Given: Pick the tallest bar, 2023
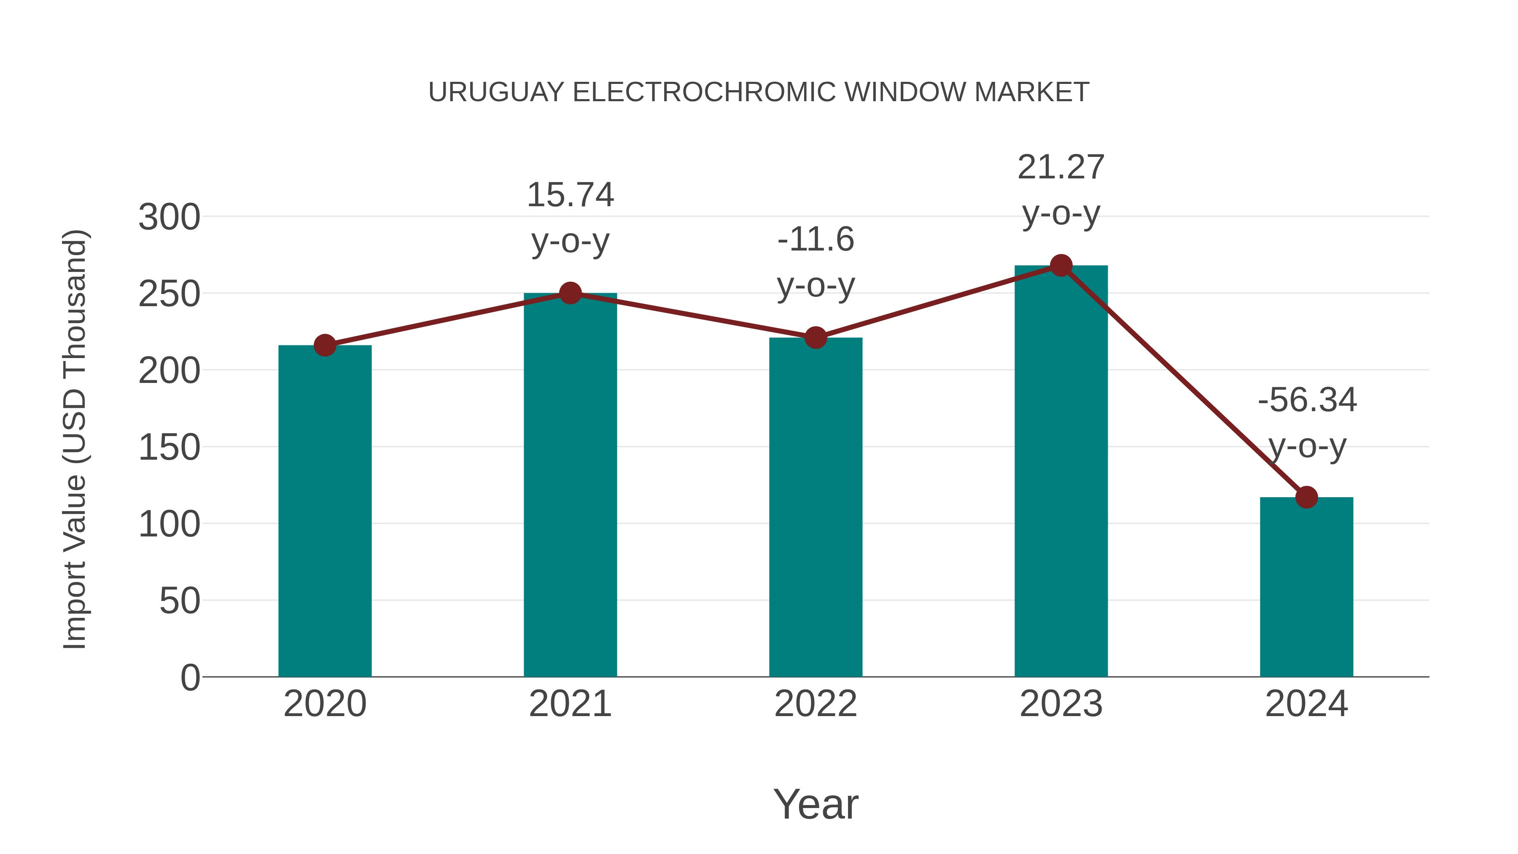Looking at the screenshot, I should [1061, 471].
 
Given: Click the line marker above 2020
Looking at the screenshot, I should [325, 345].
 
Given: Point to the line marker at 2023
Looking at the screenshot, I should [1061, 266].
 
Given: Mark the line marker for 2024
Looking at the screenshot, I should [1306, 498].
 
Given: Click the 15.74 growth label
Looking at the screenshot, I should [570, 195].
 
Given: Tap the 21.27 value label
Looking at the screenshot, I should [1061, 168].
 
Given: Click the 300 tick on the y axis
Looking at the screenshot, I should [169, 218].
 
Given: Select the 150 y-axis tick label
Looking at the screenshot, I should [169, 447].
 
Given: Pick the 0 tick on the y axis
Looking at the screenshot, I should [190, 677].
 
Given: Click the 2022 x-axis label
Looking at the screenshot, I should [816, 704].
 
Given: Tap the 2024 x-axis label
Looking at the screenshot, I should [1306, 704].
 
